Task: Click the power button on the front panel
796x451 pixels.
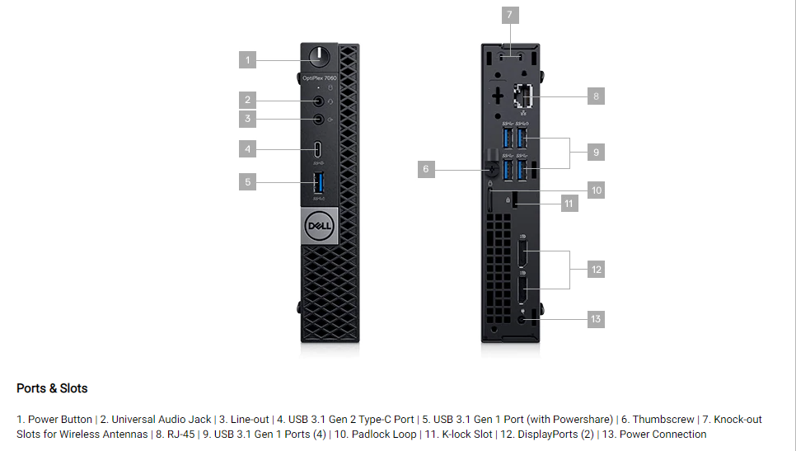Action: tap(320, 59)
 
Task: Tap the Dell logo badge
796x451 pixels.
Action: tap(318, 225)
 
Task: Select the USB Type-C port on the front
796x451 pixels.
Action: tap(320, 149)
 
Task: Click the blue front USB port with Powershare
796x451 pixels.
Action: tap(320, 182)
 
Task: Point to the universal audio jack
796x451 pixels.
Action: tap(320, 101)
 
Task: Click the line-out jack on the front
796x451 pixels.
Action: tap(320, 120)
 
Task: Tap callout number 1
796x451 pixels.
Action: tap(248, 59)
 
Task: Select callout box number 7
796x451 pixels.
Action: tap(510, 15)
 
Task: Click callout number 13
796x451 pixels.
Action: tap(597, 318)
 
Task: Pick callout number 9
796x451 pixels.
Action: tap(597, 152)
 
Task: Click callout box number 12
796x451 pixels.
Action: tap(597, 269)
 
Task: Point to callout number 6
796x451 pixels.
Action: tap(426, 169)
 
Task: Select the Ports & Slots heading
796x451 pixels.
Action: tap(52, 388)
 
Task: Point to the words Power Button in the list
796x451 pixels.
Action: tap(60, 420)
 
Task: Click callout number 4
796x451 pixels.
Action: tap(248, 149)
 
